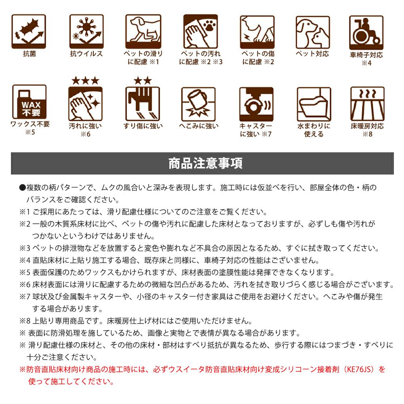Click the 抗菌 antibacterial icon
(29, 32)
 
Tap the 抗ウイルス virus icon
(86, 32)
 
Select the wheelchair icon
(366, 32)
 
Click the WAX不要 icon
(29, 102)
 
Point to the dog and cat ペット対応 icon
(313, 32)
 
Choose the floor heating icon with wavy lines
(367, 104)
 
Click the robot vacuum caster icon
(257, 104)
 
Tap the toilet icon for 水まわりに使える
(314, 104)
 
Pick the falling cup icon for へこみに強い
(198, 104)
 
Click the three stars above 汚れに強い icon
(86, 81)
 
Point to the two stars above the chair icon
(143, 81)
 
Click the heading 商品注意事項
(205, 163)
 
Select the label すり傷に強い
(143, 126)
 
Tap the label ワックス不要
(30, 124)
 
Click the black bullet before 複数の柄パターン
(23, 187)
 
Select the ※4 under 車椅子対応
(366, 63)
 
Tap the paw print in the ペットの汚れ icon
(209, 25)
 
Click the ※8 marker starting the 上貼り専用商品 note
(25, 321)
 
